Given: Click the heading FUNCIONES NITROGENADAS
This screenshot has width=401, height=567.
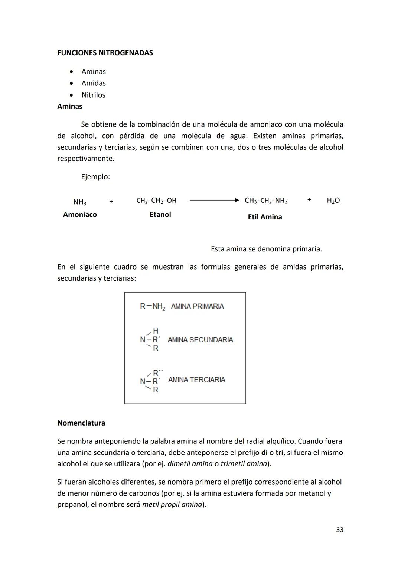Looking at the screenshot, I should pyautogui.click(x=105, y=53).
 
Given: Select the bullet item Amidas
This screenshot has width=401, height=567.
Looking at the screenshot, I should pyautogui.click(x=94, y=83).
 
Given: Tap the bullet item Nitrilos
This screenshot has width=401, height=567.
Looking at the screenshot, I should pyautogui.click(x=93, y=95).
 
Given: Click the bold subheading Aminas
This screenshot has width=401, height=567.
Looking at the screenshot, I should pyautogui.click(x=70, y=107).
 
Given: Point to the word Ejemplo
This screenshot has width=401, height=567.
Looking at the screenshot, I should pyautogui.click(x=95, y=177).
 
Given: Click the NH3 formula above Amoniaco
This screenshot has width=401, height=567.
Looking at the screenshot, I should pyautogui.click(x=80, y=202).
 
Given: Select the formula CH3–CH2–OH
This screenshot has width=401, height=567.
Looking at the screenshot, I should pyautogui.click(x=156, y=201).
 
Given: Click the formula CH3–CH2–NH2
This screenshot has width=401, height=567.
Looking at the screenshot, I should pyautogui.click(x=266, y=201).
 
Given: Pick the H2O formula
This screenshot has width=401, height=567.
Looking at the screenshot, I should pyautogui.click(x=333, y=201).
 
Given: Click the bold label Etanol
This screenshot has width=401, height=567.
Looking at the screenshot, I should pyautogui.click(x=160, y=215).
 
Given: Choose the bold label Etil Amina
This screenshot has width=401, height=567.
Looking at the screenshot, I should pyautogui.click(x=265, y=217).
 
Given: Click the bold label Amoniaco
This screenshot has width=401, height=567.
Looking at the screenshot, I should pyautogui.click(x=80, y=215).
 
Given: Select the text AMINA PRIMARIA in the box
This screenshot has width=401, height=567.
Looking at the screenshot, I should pyautogui.click(x=197, y=306).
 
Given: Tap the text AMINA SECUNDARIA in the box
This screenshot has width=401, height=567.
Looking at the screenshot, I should pyautogui.click(x=200, y=340).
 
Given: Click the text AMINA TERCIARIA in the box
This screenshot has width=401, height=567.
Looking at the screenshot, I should pyautogui.click(x=196, y=379).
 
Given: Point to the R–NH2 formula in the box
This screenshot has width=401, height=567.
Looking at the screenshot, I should pyautogui.click(x=152, y=307).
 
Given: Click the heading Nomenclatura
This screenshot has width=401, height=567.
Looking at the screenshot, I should pyautogui.click(x=81, y=423).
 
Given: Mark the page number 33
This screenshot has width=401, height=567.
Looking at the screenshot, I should pyautogui.click(x=340, y=530).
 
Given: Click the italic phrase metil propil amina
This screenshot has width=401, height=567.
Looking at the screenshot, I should pyautogui.click(x=172, y=505).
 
